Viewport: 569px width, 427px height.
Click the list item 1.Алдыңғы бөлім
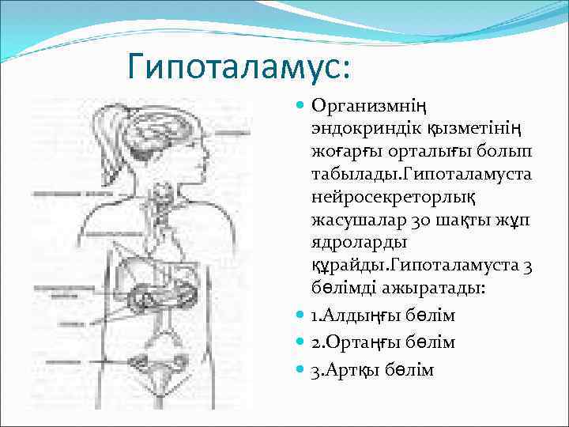383,316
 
